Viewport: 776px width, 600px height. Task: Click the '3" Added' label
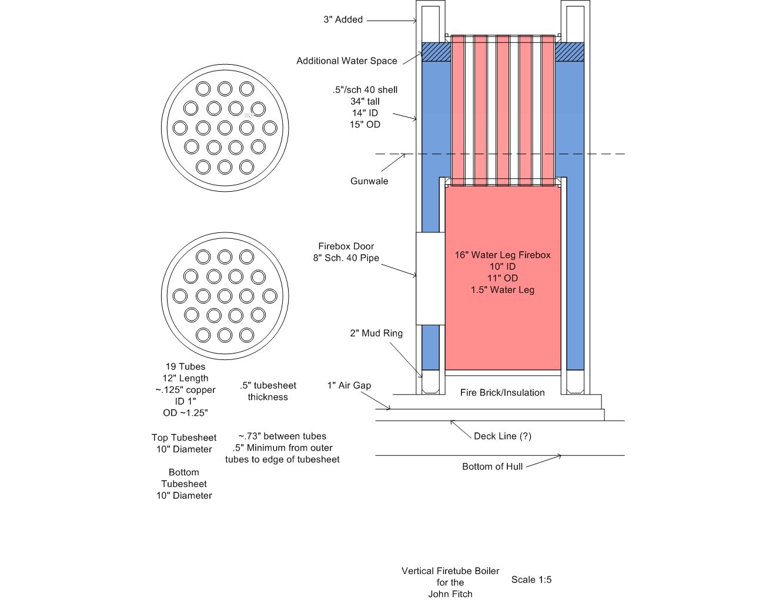click(x=343, y=19)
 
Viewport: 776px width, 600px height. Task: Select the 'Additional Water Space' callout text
click(x=346, y=61)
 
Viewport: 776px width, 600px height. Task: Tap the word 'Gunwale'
click(x=369, y=181)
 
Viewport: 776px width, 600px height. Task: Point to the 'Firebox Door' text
click(x=346, y=246)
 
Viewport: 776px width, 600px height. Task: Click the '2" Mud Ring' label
click(x=376, y=333)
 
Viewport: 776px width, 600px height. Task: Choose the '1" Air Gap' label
click(x=349, y=385)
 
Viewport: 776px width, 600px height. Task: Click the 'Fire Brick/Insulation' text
click(x=502, y=392)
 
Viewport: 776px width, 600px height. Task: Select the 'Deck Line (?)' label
click(x=502, y=436)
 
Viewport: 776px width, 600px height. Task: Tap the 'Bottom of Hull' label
click(x=492, y=466)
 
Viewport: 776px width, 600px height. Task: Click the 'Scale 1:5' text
click(x=531, y=579)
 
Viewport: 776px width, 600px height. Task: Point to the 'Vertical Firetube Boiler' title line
click(x=450, y=571)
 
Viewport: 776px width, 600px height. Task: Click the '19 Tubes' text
click(x=185, y=366)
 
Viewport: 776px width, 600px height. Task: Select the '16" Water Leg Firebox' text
click(x=503, y=255)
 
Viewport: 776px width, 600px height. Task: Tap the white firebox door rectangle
click(x=430, y=278)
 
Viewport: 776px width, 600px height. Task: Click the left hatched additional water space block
click(x=436, y=52)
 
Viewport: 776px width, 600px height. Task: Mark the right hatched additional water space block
click(x=570, y=52)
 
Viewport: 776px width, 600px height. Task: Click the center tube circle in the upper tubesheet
click(x=225, y=128)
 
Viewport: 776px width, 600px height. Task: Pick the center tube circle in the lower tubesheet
click(x=225, y=296)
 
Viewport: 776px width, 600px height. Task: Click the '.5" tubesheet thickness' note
click(x=268, y=391)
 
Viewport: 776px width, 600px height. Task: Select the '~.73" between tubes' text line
click(x=282, y=436)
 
